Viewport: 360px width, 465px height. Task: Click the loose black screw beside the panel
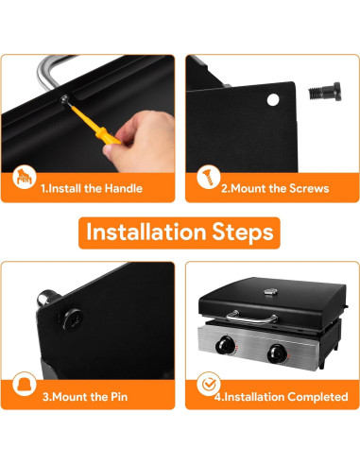pyautogui.click(x=324, y=92)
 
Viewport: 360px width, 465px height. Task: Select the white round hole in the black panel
pyautogui.click(x=273, y=99)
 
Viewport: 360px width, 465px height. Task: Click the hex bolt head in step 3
pyautogui.click(x=73, y=319)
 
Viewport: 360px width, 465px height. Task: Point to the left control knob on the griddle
pyautogui.click(x=226, y=345)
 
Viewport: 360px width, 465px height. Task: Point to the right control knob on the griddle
pyautogui.click(x=277, y=353)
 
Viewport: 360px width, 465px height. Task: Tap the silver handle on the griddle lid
pyautogui.click(x=251, y=317)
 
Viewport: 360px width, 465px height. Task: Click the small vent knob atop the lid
pyautogui.click(x=270, y=292)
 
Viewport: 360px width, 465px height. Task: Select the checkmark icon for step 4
pyautogui.click(x=209, y=384)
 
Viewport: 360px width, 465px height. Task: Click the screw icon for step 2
pyautogui.click(x=209, y=177)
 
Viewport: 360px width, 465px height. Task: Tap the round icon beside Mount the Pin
pyautogui.click(x=25, y=384)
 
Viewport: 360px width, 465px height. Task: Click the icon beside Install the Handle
pyautogui.click(x=25, y=177)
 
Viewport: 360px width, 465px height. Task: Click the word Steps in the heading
pyautogui.click(x=243, y=232)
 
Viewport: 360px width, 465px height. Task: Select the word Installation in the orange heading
pyautogui.click(x=146, y=232)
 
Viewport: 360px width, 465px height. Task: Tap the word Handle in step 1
pyautogui.click(x=124, y=188)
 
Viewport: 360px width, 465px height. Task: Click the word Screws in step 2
pyautogui.click(x=309, y=188)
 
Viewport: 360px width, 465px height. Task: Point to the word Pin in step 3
pyautogui.click(x=119, y=397)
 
